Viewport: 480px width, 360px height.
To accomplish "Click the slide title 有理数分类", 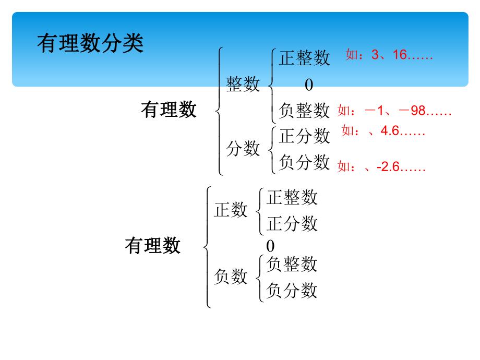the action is pyautogui.click(x=90, y=44).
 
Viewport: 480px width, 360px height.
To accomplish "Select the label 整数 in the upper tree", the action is pyautogui.click(x=243, y=84).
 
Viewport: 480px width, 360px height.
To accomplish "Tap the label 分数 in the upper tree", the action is pyautogui.click(x=243, y=149).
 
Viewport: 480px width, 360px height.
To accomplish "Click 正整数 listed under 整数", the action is pyautogui.click(x=304, y=58).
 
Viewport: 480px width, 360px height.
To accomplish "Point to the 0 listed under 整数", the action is pyautogui.click(x=309, y=85).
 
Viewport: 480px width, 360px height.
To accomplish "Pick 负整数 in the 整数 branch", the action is pyautogui.click(x=304, y=111).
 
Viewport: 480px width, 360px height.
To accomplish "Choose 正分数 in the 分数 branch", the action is pyautogui.click(x=304, y=136).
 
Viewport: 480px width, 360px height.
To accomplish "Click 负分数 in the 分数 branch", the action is pyautogui.click(x=304, y=162).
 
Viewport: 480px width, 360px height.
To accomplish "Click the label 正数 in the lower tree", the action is pyautogui.click(x=231, y=210).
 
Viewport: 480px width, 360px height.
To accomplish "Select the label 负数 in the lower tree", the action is pyautogui.click(x=231, y=277).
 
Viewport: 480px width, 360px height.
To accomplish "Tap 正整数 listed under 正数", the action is pyautogui.click(x=292, y=197).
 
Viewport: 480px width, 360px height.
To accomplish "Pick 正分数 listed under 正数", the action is pyautogui.click(x=292, y=224).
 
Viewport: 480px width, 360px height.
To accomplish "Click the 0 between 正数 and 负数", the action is pyautogui.click(x=270, y=246).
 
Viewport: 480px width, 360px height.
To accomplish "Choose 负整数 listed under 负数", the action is pyautogui.click(x=292, y=265).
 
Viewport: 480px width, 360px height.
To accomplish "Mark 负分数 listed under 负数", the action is pyautogui.click(x=292, y=290).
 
